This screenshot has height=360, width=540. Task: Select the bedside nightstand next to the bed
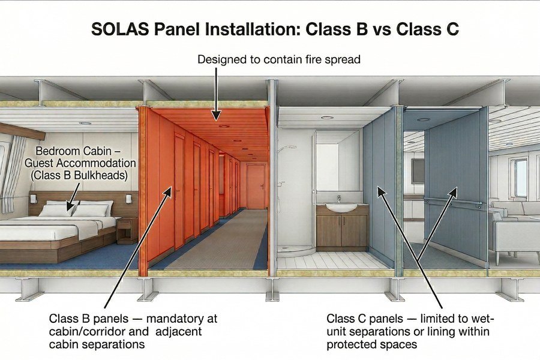click(127, 230)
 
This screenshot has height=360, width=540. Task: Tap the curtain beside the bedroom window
click(13, 174)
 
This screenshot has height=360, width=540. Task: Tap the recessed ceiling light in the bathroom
click(327, 118)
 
